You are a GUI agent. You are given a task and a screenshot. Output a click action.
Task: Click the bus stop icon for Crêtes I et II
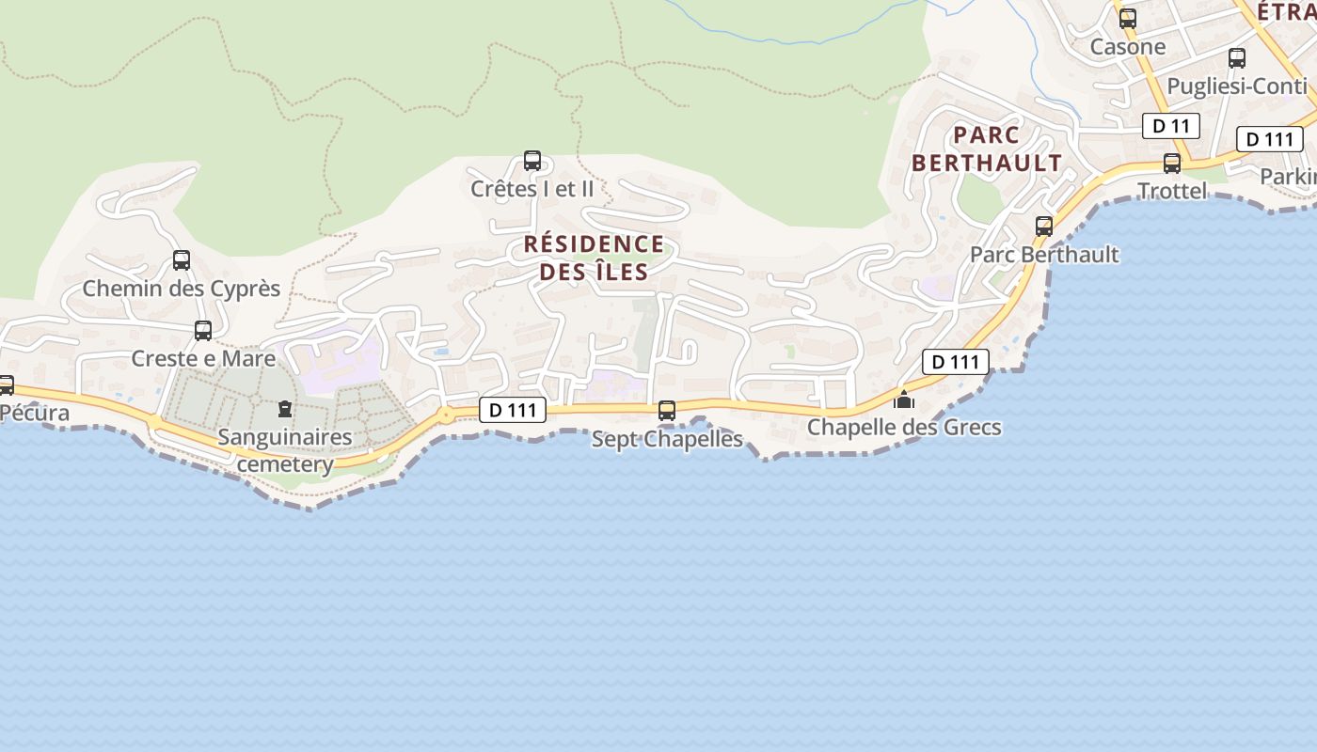coord(532,161)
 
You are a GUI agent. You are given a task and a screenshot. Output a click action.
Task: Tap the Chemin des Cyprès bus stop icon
coord(182,260)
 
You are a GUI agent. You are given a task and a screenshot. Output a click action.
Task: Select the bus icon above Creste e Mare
coord(203,331)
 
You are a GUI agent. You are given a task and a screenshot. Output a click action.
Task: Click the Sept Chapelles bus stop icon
coord(667,411)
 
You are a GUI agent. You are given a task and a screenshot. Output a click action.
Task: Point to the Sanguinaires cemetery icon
coord(284,409)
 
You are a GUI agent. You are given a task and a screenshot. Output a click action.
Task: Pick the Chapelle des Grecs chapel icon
coord(904,399)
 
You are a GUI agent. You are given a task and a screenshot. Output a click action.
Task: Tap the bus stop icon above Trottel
coord(1172,164)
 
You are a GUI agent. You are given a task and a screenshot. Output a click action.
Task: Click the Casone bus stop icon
coord(1127,19)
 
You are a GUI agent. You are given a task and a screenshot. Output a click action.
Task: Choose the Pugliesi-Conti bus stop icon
coord(1237,58)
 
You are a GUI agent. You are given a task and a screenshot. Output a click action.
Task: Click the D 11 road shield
coord(1171,126)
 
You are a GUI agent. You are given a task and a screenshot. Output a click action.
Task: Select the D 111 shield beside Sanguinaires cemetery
coord(513,410)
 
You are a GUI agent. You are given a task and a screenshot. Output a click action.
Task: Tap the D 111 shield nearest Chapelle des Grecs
coord(956,362)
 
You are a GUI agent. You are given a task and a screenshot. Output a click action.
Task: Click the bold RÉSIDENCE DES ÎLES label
coord(594,258)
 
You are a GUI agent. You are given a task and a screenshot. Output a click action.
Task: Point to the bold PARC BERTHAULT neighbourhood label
coord(987,149)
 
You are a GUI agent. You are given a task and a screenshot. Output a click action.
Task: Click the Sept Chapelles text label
coord(667,439)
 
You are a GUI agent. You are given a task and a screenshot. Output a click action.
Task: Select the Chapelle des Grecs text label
coord(904,428)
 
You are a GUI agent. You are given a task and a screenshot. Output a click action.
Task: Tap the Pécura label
coord(35,413)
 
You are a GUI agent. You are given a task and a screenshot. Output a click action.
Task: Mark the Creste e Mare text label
coord(203,358)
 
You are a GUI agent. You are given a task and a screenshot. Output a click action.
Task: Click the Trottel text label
coord(1172,191)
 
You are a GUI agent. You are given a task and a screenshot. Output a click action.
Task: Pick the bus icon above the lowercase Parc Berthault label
coord(1044,227)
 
